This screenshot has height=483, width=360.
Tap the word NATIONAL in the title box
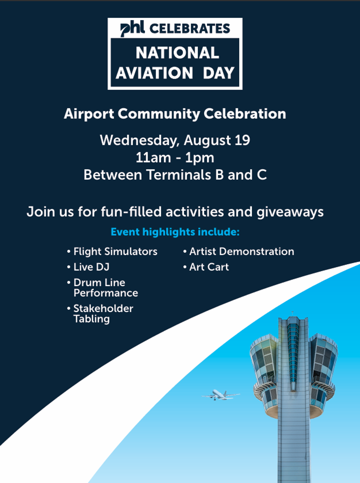coord(177,53)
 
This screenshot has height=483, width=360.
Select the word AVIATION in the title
coord(154,73)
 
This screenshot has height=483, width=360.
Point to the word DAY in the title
coord(219,73)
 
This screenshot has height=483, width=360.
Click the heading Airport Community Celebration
coord(175,114)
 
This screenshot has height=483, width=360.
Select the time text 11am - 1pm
coord(175,158)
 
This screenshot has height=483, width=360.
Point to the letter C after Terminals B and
coord(262,175)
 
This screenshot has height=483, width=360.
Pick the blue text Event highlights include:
coord(175,232)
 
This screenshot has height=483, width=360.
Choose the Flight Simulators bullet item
coord(112,252)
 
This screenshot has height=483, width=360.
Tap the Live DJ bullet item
coord(88,267)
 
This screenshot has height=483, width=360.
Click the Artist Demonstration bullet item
coord(239,252)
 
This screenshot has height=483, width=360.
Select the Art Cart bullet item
coord(206,267)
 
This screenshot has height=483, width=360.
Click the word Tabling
coord(92,319)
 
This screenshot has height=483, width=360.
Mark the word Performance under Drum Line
coord(106,293)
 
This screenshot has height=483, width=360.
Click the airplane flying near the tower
coord(221,395)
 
